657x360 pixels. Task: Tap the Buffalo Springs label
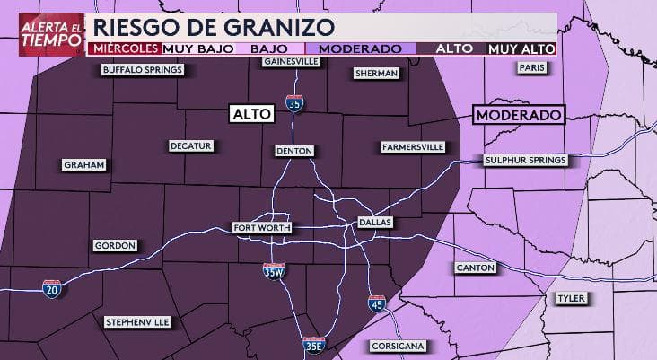pyautogui.click(x=143, y=70)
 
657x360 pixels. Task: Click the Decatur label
pyautogui.click(x=190, y=145)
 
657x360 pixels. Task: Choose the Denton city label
pyautogui.click(x=293, y=151)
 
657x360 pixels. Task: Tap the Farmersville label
pyautogui.click(x=412, y=145)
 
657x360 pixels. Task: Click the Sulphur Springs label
pyautogui.click(x=525, y=161)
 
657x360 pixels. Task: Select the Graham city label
pyautogui.click(x=84, y=165)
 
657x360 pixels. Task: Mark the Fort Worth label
pyautogui.click(x=261, y=227)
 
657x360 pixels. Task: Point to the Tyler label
pyautogui.click(x=569, y=298)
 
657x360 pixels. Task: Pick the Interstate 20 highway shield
pyautogui.click(x=52, y=289)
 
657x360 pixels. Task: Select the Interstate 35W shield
pyautogui.click(x=274, y=272)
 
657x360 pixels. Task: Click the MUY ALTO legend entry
pyautogui.click(x=521, y=48)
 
